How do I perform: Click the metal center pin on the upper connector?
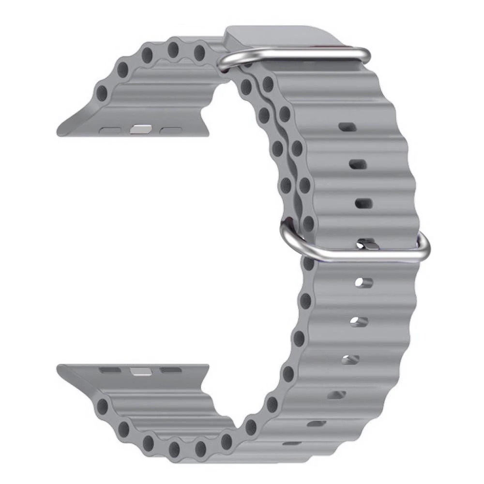tap(141, 130)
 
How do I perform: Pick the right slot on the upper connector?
tap(169, 130)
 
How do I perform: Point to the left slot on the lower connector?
tap(110, 370)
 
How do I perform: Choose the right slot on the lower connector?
tap(170, 370)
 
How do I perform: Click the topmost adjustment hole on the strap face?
tap(347, 127)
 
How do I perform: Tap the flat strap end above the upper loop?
tap(281, 35)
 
